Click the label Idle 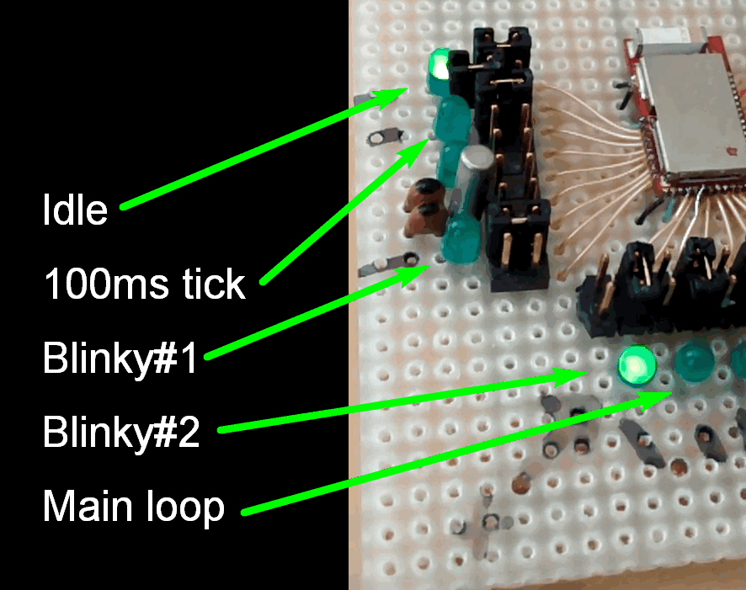(x=75, y=209)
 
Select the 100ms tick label (x=144, y=284)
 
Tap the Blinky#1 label (x=120, y=359)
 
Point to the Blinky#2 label (x=121, y=433)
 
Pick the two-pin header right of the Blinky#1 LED (x=516, y=240)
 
